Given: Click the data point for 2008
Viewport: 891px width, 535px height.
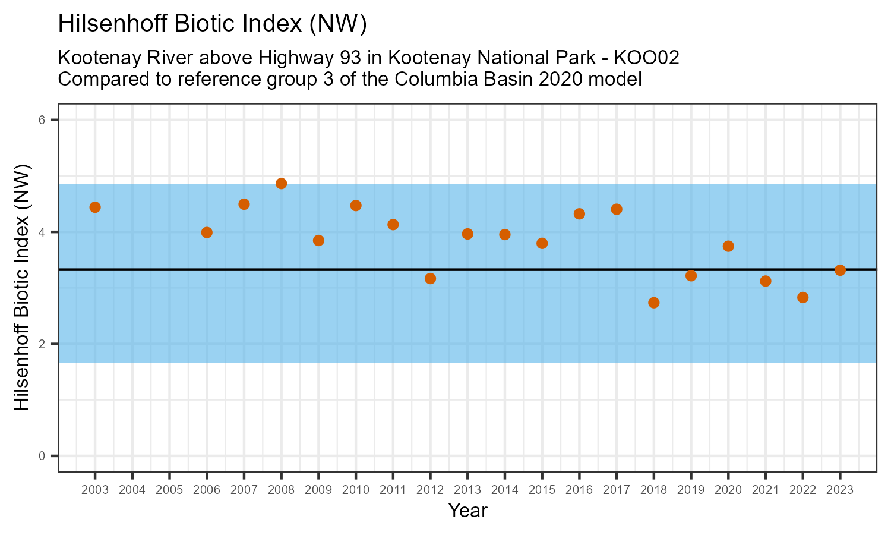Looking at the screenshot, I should point(282,184).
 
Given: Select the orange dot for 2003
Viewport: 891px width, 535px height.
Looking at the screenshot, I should point(95,207).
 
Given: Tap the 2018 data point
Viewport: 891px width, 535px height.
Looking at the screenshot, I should point(654,303).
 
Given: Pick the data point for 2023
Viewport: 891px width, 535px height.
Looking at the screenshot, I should point(840,270).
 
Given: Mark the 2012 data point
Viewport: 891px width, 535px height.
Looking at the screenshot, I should point(431,278).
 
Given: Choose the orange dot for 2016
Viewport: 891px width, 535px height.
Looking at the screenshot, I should point(579,214).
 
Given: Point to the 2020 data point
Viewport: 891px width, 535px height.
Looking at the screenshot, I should point(728,246).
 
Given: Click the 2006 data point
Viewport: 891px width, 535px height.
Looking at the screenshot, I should point(207,232).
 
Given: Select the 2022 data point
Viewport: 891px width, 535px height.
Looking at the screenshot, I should point(802,298).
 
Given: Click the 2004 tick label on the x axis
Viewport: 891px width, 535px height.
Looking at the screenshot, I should point(132,490).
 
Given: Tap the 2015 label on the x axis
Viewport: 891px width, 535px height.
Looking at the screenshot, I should point(542,490).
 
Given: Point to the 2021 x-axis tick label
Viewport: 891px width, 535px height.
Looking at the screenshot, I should point(765,490).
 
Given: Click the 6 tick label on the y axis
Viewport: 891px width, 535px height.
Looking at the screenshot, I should point(42,120).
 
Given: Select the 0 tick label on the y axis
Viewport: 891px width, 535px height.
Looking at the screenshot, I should point(42,456).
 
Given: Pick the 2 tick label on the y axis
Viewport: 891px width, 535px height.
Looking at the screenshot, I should point(42,344).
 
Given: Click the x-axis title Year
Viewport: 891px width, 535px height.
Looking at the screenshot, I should point(467,511).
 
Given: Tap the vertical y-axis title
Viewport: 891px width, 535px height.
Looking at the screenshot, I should point(21,287).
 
